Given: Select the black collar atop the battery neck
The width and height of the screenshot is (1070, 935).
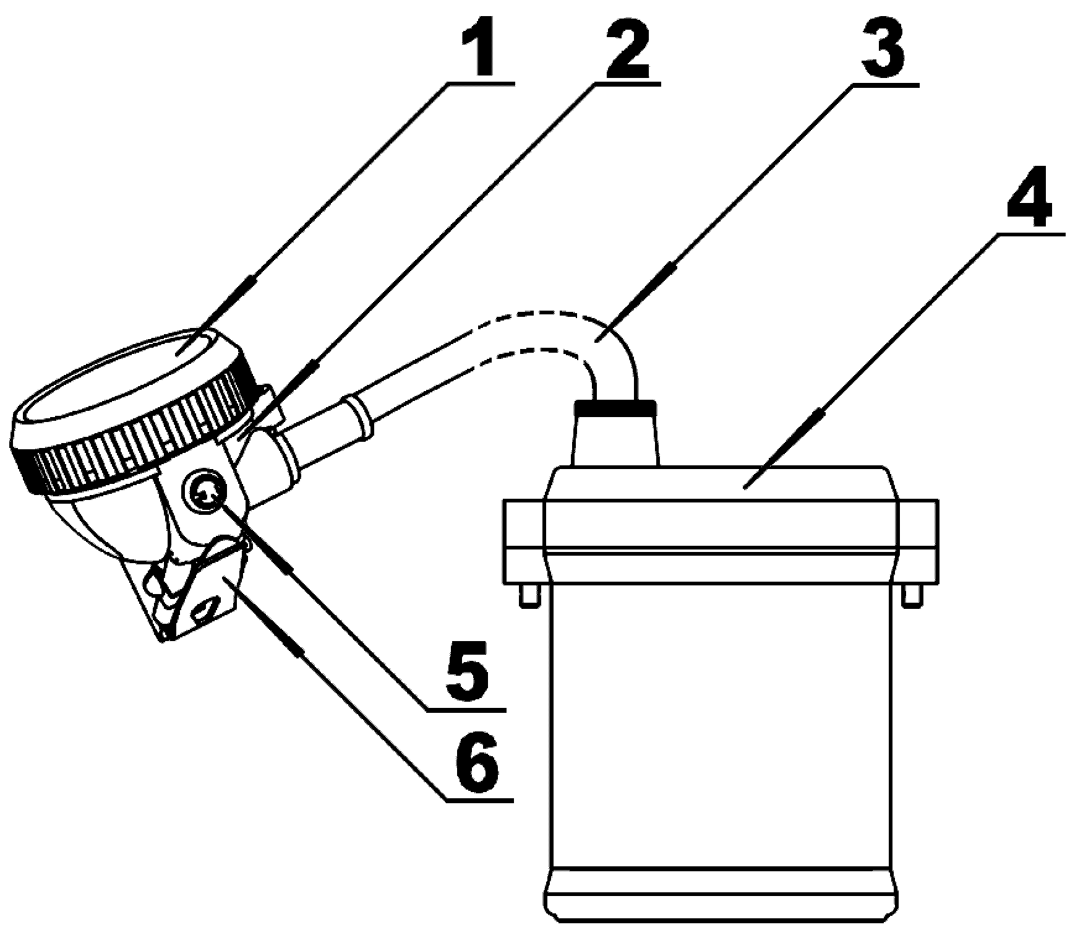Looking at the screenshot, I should [615, 407].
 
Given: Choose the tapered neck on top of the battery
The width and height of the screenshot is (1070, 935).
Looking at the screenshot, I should [615, 441].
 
